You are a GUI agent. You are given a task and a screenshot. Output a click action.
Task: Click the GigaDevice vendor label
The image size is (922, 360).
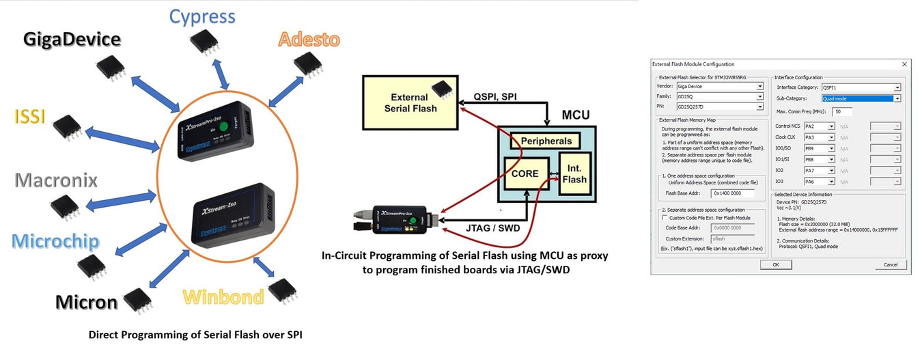[x=72, y=39]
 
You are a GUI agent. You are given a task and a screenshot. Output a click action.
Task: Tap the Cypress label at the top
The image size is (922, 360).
[x=202, y=16]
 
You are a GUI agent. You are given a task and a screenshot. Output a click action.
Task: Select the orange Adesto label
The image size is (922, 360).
[x=309, y=40]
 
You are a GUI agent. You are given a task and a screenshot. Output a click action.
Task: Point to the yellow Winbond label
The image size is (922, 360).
[x=223, y=297]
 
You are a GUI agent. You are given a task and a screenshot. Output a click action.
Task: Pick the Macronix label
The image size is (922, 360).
[x=56, y=180]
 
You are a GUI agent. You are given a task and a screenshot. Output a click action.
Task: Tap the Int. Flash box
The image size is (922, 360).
[x=574, y=174]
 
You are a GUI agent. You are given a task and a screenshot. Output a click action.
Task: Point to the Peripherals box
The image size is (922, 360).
[x=545, y=141]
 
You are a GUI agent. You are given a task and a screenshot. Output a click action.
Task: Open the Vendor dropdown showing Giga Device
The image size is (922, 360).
[x=719, y=87]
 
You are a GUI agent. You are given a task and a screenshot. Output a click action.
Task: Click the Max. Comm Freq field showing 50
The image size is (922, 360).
[x=842, y=111]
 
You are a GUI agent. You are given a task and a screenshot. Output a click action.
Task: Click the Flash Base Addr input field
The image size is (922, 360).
[x=731, y=193]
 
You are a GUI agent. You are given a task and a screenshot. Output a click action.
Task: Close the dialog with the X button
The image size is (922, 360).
[x=905, y=64]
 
